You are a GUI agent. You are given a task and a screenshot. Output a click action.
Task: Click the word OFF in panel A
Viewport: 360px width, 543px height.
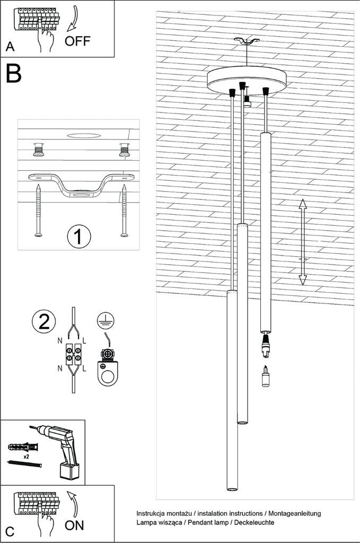coord(77,41)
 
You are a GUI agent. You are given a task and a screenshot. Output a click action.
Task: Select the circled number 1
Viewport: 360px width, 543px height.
coord(79,237)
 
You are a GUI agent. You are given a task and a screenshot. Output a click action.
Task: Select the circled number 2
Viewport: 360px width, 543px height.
coord(44,321)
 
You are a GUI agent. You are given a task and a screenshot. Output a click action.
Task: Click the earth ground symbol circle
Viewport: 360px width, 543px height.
coord(106,319)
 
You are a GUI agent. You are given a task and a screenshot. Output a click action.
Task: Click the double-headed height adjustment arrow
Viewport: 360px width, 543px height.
coord(302,242)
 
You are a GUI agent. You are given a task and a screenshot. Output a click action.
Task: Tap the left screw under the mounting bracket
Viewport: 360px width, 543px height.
coord(38,210)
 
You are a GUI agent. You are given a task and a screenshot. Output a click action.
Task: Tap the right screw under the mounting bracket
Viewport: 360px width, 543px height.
coord(125,210)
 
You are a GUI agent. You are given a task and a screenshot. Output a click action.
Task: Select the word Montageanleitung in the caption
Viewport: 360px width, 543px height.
coord(294,513)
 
